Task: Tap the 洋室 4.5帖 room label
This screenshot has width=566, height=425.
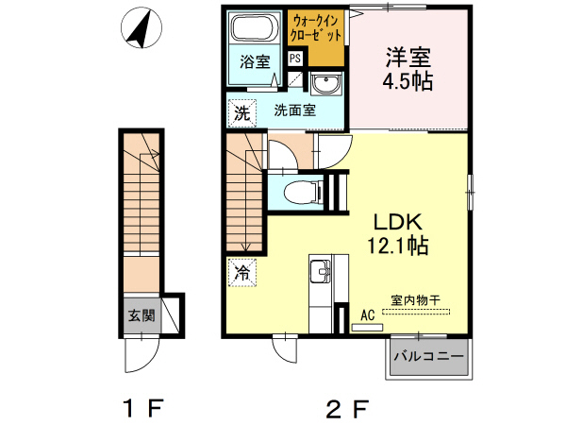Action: click(408, 68)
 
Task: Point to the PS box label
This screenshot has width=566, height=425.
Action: click(295, 58)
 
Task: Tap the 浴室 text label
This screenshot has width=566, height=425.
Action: click(254, 63)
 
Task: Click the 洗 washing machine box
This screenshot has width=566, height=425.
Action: click(242, 113)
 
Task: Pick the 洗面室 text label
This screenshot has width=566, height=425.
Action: click(294, 110)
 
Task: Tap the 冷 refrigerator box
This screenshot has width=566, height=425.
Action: click(241, 273)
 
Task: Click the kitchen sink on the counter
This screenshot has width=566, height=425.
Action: click(321, 274)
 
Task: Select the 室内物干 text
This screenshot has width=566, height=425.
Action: click(416, 299)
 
